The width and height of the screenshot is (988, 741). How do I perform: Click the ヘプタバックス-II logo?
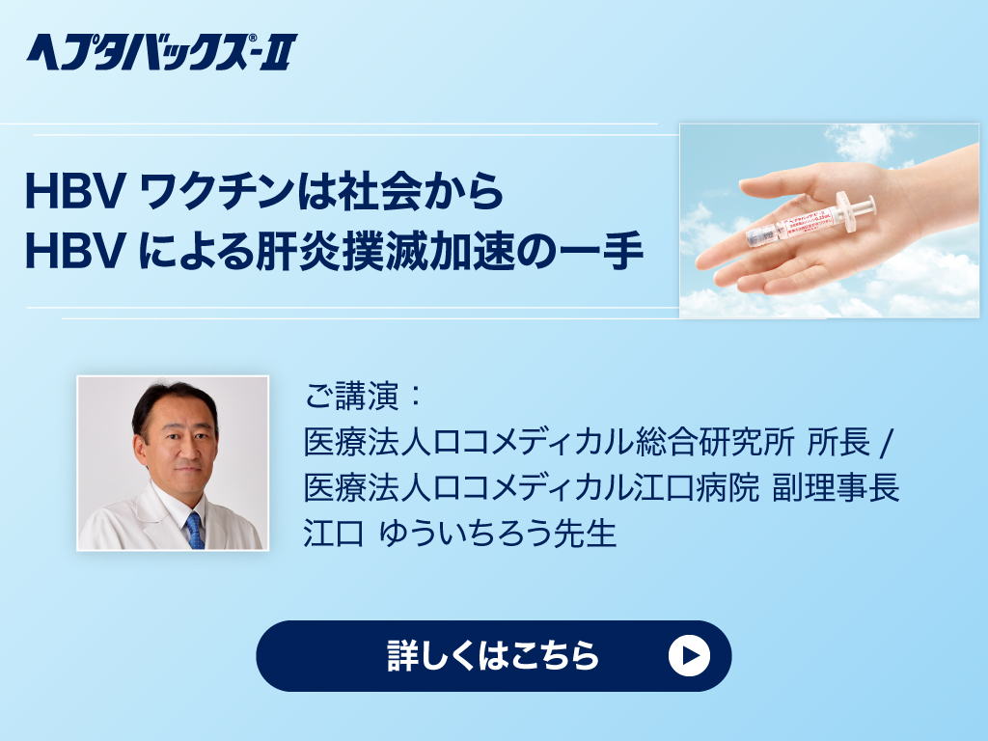click(x=161, y=52)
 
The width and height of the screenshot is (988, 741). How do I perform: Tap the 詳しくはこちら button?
click(x=493, y=655)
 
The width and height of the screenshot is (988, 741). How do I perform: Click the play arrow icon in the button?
click(x=689, y=655)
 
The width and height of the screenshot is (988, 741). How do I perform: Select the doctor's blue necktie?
click(x=194, y=531)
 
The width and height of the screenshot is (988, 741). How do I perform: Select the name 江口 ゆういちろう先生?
click(x=460, y=533)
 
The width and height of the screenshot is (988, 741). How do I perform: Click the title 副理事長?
click(x=837, y=487)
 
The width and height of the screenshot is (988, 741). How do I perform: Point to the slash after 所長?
click(x=888, y=442)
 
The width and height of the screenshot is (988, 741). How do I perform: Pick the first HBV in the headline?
click(x=74, y=192)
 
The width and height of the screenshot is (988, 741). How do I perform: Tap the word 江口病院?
click(x=697, y=487)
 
